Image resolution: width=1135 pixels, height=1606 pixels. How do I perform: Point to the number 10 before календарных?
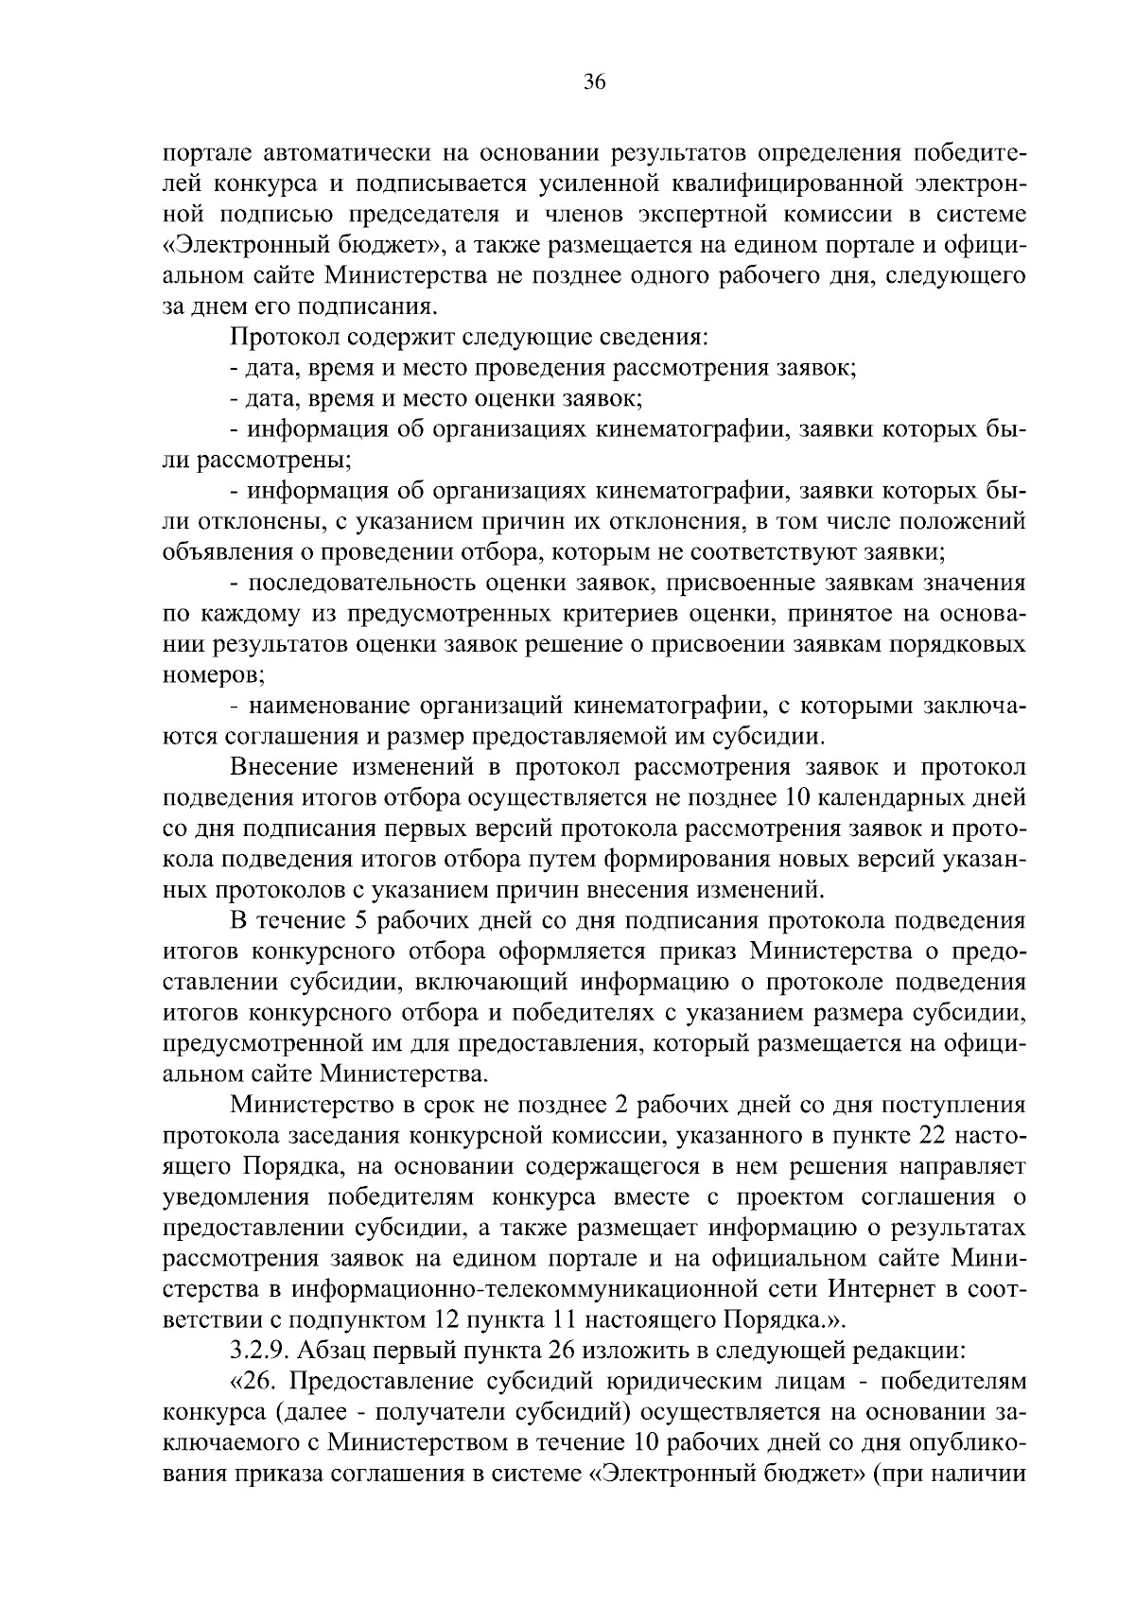click(801, 797)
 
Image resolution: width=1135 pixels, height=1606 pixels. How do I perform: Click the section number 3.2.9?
click(259, 1350)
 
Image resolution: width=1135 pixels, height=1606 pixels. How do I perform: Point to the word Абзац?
click(327, 1350)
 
